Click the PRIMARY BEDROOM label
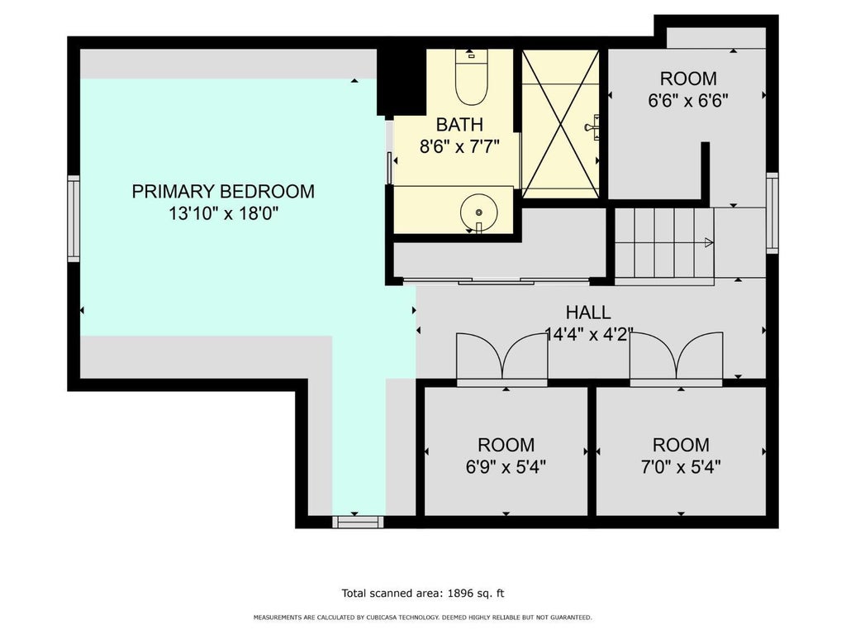tap(223, 192)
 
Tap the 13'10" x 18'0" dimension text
tap(223, 214)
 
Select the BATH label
tap(459, 125)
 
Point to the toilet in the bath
tap(471, 77)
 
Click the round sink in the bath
tap(478, 212)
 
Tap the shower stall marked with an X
tap(561, 124)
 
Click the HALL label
tap(588, 312)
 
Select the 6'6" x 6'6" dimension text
tap(688, 100)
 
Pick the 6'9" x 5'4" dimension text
tap(506, 466)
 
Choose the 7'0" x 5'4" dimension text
tap(681, 466)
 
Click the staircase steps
tap(664, 243)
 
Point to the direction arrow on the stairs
tap(709, 242)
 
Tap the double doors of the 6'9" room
tap(501, 359)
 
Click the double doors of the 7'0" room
tap(676, 359)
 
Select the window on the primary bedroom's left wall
tap(74, 218)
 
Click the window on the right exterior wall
tap(772, 212)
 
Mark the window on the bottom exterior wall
tap(358, 522)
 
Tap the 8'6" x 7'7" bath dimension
tap(459, 146)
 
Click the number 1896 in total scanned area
tap(459, 594)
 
